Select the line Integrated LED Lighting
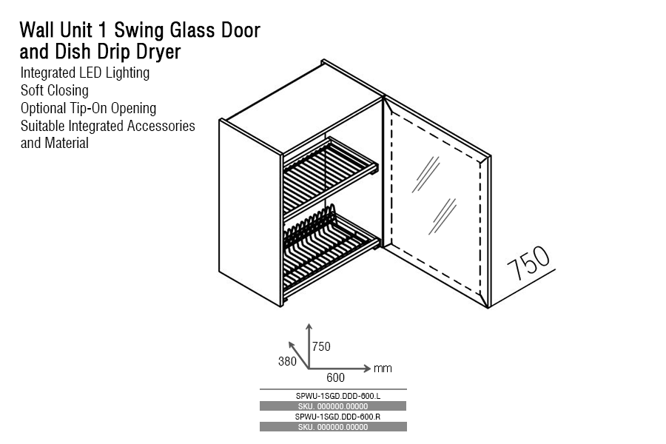point(85,73)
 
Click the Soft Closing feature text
point(55,90)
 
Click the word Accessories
point(161,126)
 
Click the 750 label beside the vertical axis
point(321,346)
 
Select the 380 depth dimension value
point(287,362)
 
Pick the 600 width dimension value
point(335,377)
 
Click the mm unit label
point(383,368)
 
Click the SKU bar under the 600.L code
point(333,406)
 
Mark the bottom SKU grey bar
point(333,427)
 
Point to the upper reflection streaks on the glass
point(427,175)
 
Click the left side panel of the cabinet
point(250,211)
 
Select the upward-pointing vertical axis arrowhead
point(309,326)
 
